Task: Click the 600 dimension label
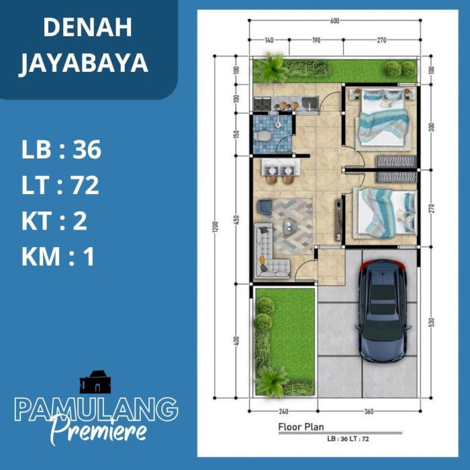click(x=334, y=21)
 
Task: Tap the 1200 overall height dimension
click(x=216, y=227)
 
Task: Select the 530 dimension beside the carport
click(x=431, y=322)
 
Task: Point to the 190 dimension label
click(x=316, y=40)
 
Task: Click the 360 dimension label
click(x=369, y=411)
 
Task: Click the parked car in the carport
click(x=382, y=310)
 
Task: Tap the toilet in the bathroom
click(x=262, y=136)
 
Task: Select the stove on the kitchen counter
click(x=263, y=103)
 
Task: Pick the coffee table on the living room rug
click(x=289, y=226)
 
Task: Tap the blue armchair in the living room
click(x=265, y=207)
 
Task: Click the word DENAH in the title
click(x=87, y=28)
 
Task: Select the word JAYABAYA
click(x=83, y=63)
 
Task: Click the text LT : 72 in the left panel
click(x=60, y=185)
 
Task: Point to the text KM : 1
click(x=58, y=256)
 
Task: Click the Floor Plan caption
click(x=301, y=427)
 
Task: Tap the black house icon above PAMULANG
click(x=95, y=382)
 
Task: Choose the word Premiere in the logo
click(x=99, y=431)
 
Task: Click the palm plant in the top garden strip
click(x=271, y=68)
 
